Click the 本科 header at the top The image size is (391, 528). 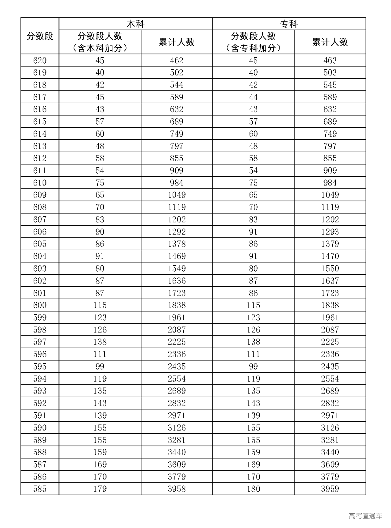135,24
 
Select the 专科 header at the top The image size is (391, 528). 289,24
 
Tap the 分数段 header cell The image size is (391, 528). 40,36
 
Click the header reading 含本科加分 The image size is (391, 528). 100,48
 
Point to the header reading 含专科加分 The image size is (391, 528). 253,48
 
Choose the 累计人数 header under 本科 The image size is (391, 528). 177,42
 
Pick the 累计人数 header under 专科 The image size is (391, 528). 330,42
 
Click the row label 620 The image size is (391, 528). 40,61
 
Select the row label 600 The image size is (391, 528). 40,305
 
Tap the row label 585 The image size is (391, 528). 40,489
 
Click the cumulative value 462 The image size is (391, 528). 177,61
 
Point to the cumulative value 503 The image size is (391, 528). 330,73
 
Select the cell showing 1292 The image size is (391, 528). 177,232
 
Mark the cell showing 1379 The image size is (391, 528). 330,244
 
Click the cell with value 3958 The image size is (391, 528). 177,489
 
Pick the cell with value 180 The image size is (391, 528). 253,489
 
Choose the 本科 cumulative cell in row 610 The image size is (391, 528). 177,183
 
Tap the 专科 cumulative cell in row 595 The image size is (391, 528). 330,366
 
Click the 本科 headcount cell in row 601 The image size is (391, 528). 100,293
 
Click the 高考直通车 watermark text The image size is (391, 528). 365,516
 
